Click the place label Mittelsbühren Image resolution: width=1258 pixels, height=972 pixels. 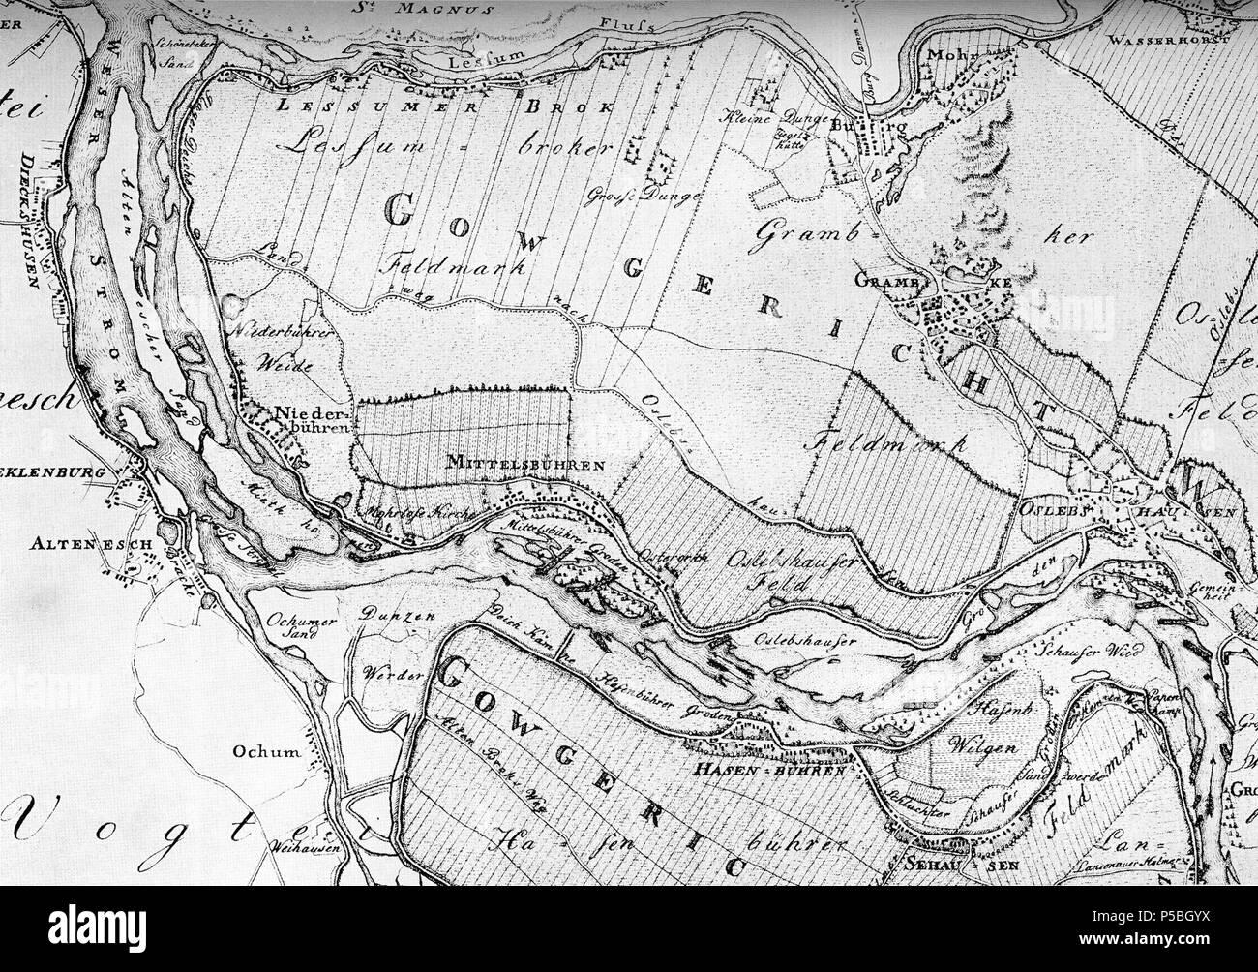(x=525, y=465)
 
